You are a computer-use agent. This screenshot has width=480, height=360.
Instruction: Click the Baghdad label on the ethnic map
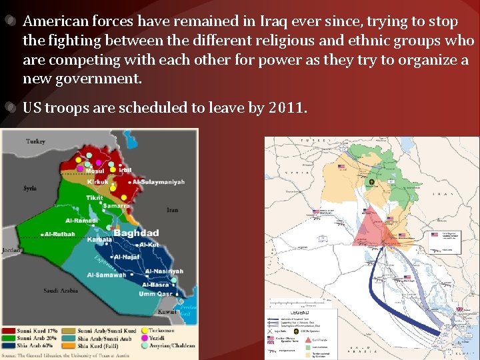pyautogui.click(x=136, y=233)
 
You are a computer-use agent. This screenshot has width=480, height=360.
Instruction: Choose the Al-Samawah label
pyautogui.click(x=106, y=275)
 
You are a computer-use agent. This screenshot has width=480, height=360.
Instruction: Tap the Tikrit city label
pyautogui.click(x=95, y=197)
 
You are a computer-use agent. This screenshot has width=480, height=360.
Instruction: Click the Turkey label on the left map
pyautogui.click(x=35, y=141)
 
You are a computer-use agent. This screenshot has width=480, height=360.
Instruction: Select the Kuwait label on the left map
pyautogui.click(x=167, y=312)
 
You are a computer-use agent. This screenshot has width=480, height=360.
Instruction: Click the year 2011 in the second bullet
pyautogui.click(x=287, y=108)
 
